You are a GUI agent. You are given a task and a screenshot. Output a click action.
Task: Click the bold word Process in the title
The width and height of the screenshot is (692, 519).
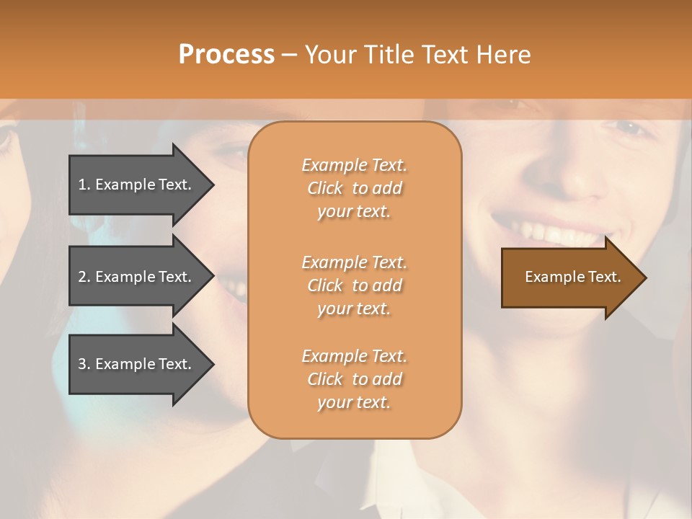pos(226,54)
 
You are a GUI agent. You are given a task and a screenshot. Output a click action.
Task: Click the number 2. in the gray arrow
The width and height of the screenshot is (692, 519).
pos(84,277)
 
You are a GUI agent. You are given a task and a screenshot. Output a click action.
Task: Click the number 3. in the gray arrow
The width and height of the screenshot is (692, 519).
pos(84,364)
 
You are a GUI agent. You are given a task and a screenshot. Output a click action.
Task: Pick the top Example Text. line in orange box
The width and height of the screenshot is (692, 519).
pos(354,165)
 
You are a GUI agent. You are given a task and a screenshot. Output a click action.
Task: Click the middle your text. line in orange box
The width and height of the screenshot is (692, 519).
pos(354,309)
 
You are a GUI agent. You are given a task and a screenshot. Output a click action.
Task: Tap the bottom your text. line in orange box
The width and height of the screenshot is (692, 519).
pos(354,402)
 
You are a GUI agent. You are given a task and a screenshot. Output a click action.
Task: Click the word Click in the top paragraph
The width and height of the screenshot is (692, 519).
pos(325,188)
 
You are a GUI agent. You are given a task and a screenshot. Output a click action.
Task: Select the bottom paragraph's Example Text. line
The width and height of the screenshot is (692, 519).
pos(354,356)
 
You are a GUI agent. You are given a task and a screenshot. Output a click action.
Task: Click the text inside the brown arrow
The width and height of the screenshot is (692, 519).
pos(572,277)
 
